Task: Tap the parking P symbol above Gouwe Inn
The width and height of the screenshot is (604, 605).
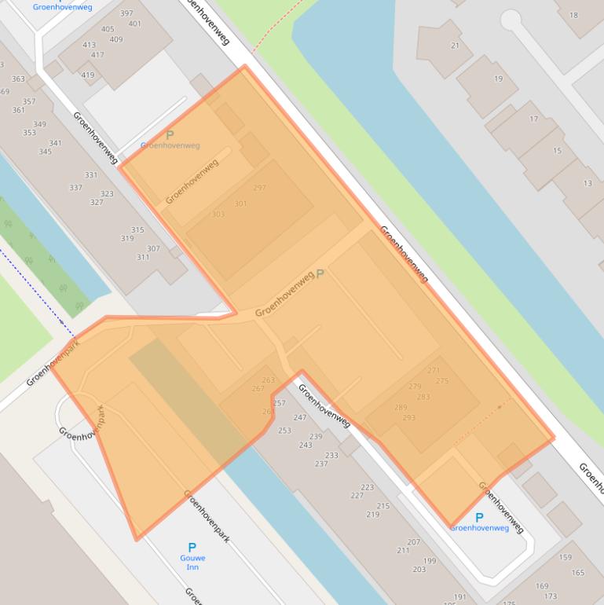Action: (192, 548)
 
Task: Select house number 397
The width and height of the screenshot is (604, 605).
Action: (126, 13)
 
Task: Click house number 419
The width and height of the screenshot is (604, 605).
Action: (88, 76)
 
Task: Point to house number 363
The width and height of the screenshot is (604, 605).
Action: (18, 79)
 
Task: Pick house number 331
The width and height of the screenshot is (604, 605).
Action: (91, 175)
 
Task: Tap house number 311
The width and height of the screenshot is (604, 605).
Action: (143, 257)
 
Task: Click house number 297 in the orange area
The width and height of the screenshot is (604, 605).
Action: (260, 188)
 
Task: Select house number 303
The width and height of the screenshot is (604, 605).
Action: (218, 214)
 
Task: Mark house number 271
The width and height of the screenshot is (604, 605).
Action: (434, 370)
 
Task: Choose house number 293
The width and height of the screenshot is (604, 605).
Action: (408, 417)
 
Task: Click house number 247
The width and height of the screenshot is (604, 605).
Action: (300, 417)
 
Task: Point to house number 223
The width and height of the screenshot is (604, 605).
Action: (368, 487)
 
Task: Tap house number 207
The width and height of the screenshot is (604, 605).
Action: (414, 542)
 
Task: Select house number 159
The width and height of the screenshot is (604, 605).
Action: (566, 557)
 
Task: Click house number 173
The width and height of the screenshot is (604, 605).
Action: (551, 596)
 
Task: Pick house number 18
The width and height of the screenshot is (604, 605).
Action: (573, 15)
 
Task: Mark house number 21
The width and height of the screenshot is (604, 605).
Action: (455, 46)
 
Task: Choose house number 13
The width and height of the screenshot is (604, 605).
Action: (588, 183)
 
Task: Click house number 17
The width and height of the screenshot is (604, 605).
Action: (534, 119)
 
